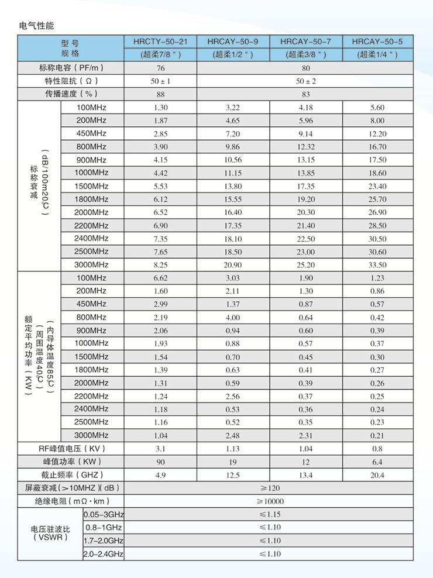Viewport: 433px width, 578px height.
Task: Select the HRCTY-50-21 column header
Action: coord(161,42)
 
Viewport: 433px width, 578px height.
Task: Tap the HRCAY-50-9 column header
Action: coord(233,42)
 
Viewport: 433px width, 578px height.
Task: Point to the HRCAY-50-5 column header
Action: coord(377,42)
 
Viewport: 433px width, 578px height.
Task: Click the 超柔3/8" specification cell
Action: coord(306,55)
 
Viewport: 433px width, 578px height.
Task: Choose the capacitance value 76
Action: coord(161,68)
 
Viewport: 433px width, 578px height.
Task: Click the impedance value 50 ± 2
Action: coord(306,81)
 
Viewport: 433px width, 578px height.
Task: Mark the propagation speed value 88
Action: coord(161,94)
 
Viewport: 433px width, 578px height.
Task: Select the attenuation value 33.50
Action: coord(377,265)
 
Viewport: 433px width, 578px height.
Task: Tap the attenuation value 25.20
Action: coord(306,265)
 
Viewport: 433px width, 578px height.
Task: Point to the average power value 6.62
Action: coord(161,278)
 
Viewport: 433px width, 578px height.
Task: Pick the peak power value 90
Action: coord(161,462)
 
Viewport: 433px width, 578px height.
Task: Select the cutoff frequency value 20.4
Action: coord(377,475)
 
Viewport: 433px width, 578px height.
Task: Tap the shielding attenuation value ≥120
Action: coord(269,488)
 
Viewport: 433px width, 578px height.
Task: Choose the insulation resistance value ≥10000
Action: coord(269,501)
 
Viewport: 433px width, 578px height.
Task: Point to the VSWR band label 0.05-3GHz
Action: coord(104,514)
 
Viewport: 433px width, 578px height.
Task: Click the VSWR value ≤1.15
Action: coord(269,514)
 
